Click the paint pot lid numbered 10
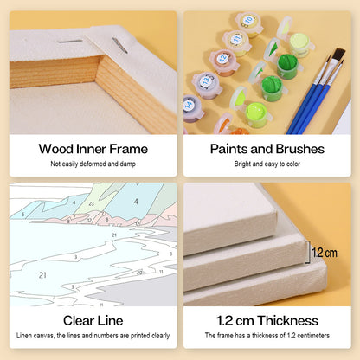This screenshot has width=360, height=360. (248, 21)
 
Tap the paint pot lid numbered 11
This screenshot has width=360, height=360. (236, 39)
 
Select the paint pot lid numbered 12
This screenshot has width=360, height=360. (222, 59)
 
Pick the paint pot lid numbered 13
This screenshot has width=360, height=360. (205, 81)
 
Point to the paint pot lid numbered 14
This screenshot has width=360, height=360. (190, 105)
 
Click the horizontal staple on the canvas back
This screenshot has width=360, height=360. (69, 42)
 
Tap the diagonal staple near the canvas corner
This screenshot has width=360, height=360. (120, 45)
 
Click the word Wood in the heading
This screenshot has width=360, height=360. (56, 149)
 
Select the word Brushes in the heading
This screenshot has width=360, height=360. (300, 149)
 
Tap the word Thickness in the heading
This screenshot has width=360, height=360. (288, 320)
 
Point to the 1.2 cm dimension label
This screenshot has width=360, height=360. (325, 253)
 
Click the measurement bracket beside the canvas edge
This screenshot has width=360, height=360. (308, 253)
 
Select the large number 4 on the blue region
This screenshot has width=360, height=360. (136, 202)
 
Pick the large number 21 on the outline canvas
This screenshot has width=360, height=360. (42, 275)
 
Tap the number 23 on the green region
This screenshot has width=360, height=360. (92, 203)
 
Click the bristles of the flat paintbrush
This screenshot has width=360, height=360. (340, 55)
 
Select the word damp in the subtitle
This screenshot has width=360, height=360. (128, 164)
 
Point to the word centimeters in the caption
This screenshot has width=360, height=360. (313, 336)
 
